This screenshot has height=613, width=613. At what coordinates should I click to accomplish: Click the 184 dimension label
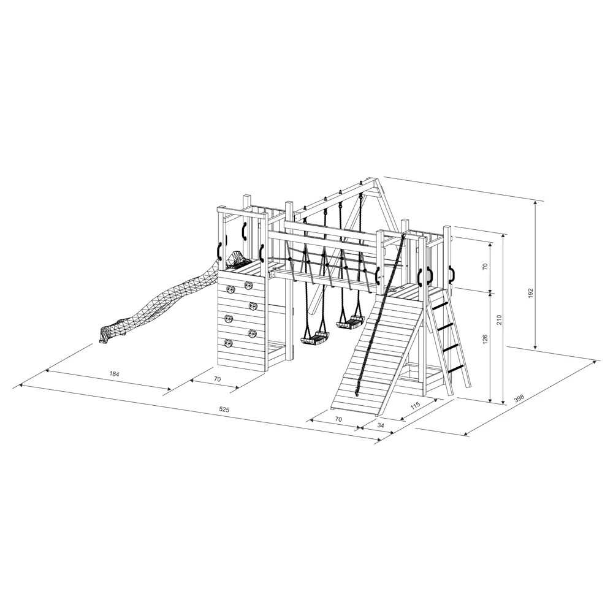114,374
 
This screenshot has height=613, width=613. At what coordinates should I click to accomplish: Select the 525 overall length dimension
224,409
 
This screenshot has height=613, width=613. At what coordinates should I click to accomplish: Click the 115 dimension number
415,405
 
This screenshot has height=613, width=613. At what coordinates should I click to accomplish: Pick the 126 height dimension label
485,339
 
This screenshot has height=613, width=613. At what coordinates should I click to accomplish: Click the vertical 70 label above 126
485,267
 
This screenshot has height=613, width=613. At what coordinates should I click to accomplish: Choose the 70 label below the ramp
338,419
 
